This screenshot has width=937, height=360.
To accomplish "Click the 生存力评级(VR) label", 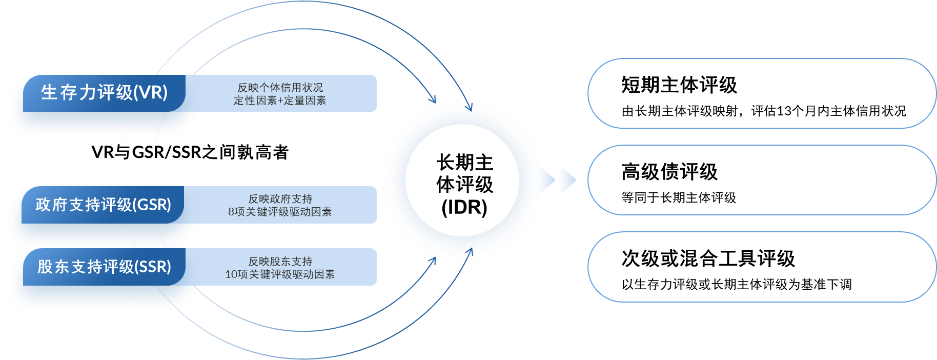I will coord(104,92).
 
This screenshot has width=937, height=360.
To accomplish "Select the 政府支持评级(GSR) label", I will coord(103,205).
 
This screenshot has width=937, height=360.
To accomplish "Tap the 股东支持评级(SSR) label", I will coord(104,267).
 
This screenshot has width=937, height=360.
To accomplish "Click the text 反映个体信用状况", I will coord(280,88).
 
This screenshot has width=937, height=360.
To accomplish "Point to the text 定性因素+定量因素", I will coord(280,101).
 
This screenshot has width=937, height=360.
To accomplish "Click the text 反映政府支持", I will coord(280,199).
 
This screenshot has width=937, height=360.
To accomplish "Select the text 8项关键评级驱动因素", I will coord(280,212).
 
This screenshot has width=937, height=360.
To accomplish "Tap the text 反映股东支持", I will coord(280,262).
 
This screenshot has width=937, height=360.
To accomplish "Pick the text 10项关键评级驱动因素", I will coord(280,274).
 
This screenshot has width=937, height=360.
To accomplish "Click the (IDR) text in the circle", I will coord(464,207).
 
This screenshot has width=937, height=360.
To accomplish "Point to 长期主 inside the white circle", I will coord(464,163).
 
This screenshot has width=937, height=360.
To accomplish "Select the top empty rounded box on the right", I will coord(762,93).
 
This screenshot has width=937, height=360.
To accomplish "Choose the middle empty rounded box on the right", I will coord(762,180).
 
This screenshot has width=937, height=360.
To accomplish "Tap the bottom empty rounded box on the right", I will coord(762,267).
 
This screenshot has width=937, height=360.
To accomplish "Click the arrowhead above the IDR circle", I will coord(433,99).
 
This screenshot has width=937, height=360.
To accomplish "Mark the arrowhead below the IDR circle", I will coord(433,261).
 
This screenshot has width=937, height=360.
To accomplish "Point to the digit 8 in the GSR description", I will coord(231,212).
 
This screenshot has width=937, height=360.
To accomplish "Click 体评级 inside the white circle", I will coord(464,185).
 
